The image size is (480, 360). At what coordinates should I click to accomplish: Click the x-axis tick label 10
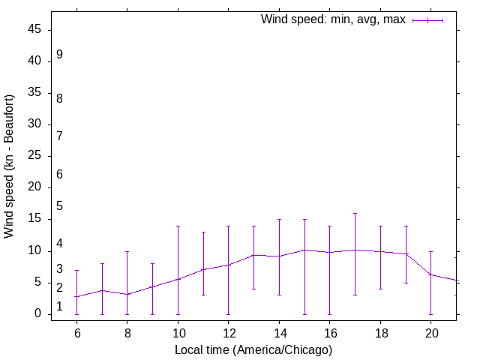click(178, 333)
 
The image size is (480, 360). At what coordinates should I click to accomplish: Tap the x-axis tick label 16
click(329, 333)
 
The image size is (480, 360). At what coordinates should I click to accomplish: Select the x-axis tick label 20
click(430, 333)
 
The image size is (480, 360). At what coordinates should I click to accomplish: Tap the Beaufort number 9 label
click(59, 55)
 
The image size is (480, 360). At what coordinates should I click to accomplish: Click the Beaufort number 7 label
click(59, 136)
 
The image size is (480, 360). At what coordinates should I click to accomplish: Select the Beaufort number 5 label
click(59, 205)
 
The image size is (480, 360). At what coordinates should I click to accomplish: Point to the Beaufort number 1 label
click(59, 306)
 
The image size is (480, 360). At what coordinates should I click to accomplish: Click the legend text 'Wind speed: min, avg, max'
click(333, 19)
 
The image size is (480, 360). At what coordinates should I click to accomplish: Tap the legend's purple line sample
click(427, 20)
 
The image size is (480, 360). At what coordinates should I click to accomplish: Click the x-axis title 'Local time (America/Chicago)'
click(253, 349)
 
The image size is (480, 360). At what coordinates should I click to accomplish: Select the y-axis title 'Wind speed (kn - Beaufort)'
click(10, 166)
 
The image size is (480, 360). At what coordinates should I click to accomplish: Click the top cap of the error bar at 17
click(355, 213)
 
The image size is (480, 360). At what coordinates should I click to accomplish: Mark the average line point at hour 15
click(304, 250)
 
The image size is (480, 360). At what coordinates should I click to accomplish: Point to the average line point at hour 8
click(127, 294)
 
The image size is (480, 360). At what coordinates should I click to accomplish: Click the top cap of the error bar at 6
click(76, 270)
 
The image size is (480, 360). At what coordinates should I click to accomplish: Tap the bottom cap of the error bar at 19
click(406, 283)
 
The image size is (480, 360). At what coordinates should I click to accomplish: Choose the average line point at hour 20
click(430, 274)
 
